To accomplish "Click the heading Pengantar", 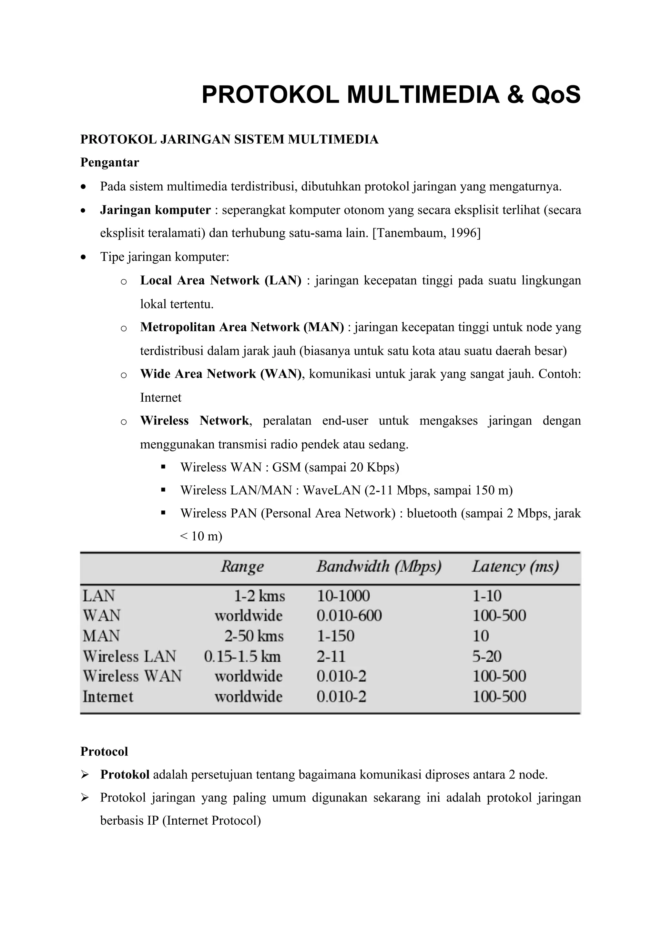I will (x=109, y=163).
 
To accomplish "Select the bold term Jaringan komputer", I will (x=155, y=210).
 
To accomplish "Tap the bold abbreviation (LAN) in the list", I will (x=283, y=281).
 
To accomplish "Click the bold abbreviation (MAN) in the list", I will (x=323, y=327).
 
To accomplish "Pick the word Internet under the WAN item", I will (x=160, y=397).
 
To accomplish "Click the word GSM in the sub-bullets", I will (x=286, y=467).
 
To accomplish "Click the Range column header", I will (x=242, y=567).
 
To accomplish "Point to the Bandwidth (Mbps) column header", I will (x=379, y=567).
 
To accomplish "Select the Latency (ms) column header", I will (x=515, y=567).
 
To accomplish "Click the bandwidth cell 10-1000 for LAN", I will (x=343, y=596).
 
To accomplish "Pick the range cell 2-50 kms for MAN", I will (x=254, y=636).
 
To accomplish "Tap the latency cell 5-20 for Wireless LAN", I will (x=487, y=657).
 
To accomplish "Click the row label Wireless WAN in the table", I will (x=132, y=677).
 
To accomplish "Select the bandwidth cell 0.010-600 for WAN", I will (x=349, y=616).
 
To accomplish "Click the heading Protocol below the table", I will (x=104, y=751).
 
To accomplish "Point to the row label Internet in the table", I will (x=108, y=697).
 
